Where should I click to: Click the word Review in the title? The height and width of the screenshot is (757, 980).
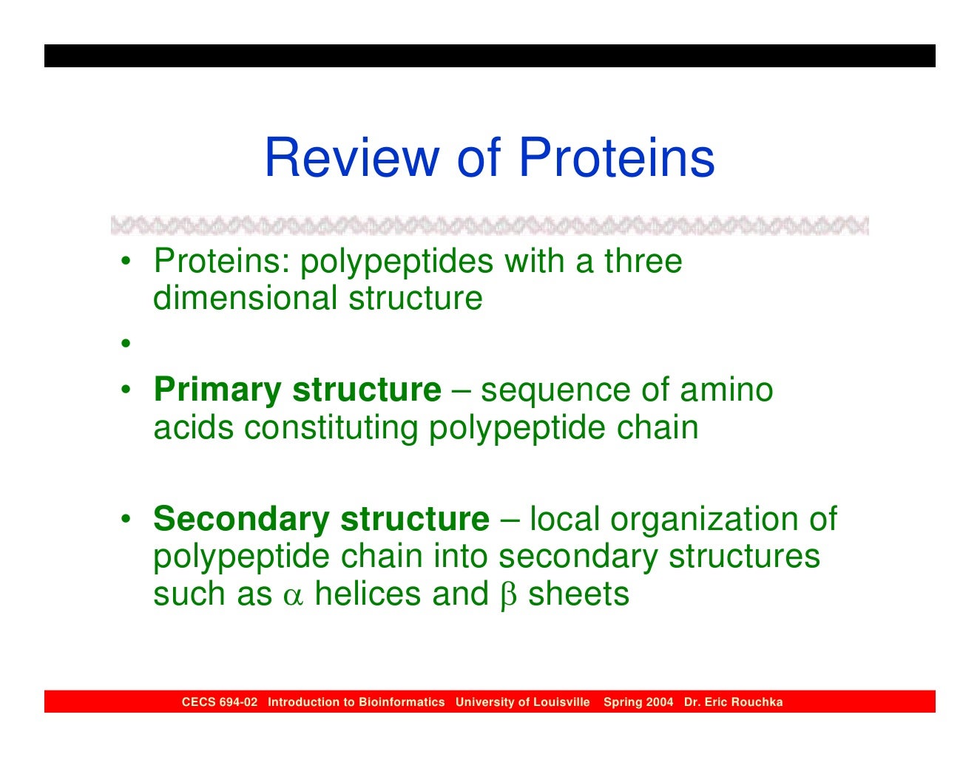tap(352, 157)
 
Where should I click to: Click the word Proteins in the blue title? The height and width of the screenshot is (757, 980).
tap(616, 157)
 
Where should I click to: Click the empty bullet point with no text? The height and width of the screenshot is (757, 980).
tap(126, 343)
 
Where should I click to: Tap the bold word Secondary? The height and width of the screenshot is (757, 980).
tap(241, 519)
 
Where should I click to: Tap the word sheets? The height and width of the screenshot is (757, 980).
tap(578, 594)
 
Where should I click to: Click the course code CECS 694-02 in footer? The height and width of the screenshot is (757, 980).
tap(220, 702)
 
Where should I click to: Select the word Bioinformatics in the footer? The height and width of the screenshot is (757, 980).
tap(402, 702)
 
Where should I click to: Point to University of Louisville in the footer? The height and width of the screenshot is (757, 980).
tap(522, 702)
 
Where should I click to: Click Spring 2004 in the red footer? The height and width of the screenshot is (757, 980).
tap(638, 702)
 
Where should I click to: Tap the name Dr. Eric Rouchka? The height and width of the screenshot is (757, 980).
tap(733, 702)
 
